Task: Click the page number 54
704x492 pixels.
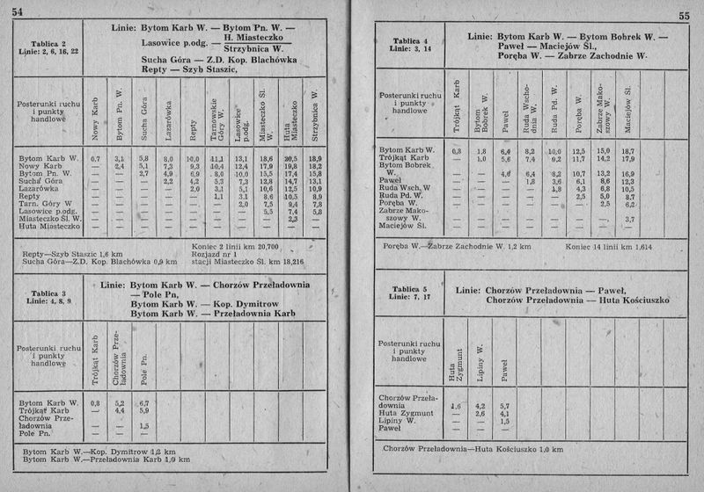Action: coord(18,10)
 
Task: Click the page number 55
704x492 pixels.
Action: coord(684,15)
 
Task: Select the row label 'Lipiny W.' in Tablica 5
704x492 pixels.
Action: coord(397,421)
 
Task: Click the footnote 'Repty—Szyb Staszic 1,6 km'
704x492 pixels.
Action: coord(73,253)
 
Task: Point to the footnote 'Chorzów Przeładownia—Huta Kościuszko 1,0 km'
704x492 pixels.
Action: coord(472,450)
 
